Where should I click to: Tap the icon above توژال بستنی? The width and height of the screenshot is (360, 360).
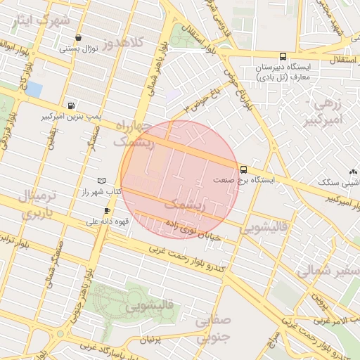[x=77, y=38]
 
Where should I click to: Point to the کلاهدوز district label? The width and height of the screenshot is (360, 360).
[x=122, y=43]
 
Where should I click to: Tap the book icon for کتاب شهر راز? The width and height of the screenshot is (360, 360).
[x=103, y=181]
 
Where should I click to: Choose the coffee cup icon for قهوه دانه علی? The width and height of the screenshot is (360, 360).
[x=107, y=210]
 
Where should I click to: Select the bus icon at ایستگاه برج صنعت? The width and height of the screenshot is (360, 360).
[x=244, y=169]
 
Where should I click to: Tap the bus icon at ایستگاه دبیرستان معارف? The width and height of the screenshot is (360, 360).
[x=283, y=56]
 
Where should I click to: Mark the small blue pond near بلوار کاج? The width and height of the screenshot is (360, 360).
[x=34, y=89]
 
